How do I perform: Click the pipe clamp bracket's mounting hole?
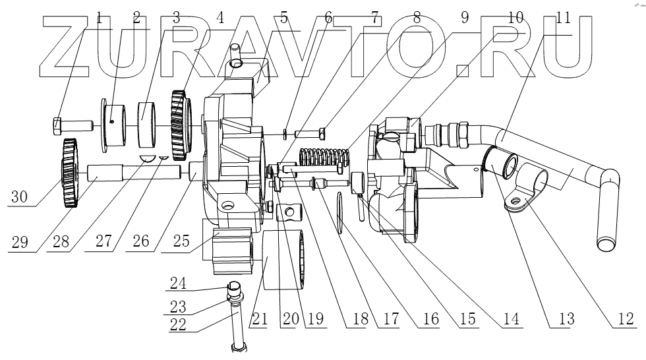[x=516, y=201]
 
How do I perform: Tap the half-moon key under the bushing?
[x=150, y=158]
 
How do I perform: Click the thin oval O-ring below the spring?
[x=339, y=212]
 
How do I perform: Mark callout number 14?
[x=510, y=319]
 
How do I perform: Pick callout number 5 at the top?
[x=284, y=17]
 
